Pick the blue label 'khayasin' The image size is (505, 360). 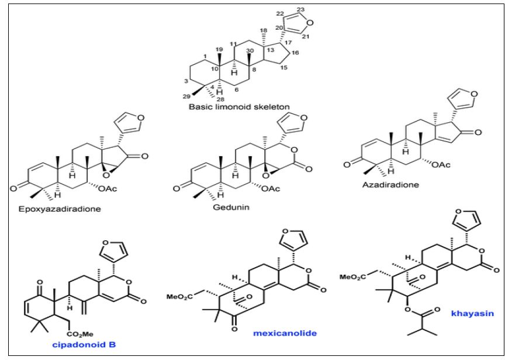(x=468, y=313)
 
